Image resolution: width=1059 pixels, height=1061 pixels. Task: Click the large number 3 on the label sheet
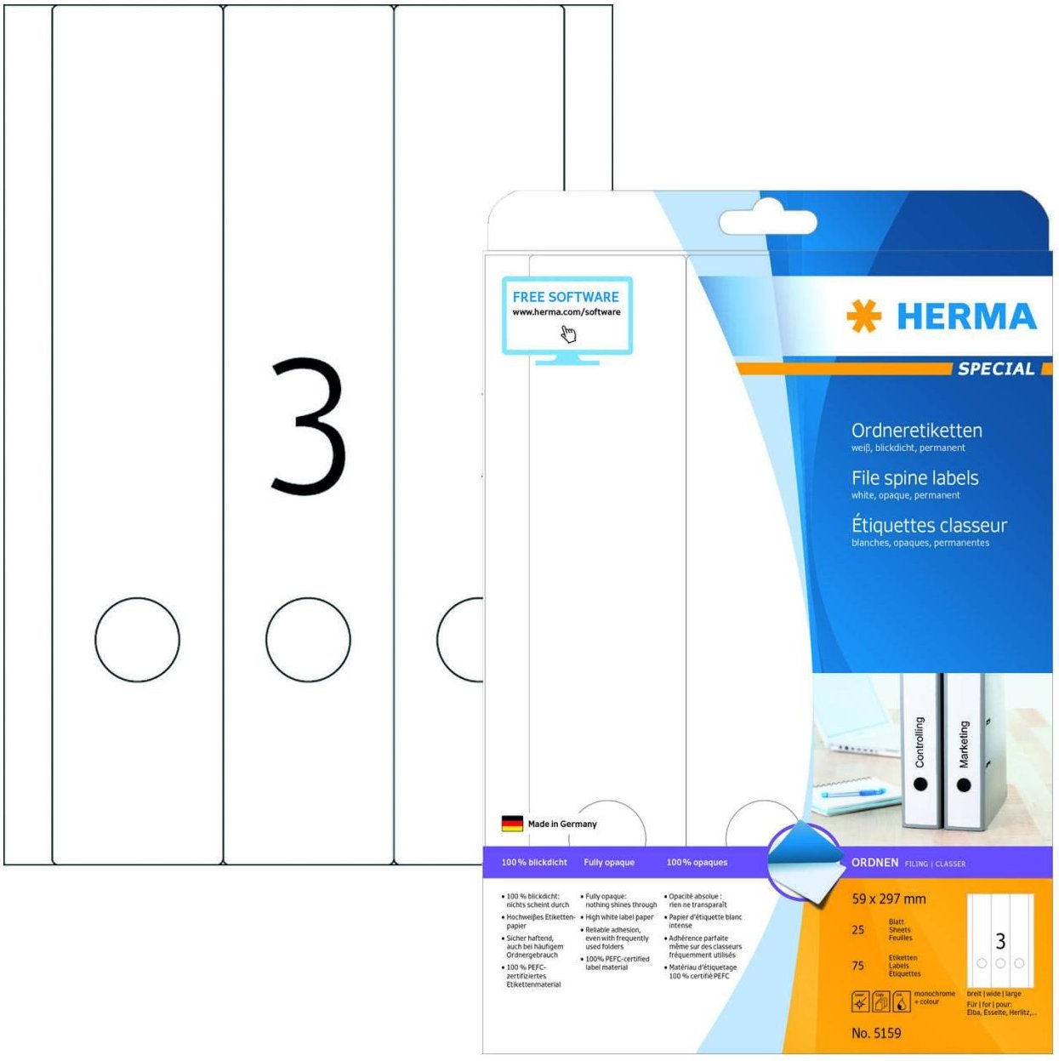(308, 426)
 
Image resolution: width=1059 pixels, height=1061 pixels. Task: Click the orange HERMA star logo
(864, 317)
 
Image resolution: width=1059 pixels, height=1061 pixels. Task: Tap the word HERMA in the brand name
(966, 317)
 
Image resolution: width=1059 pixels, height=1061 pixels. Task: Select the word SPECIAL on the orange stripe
(996, 368)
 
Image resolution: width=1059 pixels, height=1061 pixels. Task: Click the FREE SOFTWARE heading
(566, 297)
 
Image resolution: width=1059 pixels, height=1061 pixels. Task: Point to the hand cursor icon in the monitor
(568, 334)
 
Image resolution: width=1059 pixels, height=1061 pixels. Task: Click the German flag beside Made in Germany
(512, 824)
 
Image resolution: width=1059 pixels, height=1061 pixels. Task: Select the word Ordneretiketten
(916, 431)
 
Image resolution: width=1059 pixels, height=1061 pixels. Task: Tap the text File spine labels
(914, 478)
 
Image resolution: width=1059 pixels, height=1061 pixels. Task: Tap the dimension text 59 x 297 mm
(888, 898)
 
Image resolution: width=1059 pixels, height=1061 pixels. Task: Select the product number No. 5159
(876, 1033)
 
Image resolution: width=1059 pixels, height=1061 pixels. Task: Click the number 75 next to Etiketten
(858, 966)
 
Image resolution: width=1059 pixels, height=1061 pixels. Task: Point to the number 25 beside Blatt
(858, 930)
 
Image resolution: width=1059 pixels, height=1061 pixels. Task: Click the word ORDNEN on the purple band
(874, 863)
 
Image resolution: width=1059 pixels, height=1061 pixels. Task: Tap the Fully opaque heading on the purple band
(609, 863)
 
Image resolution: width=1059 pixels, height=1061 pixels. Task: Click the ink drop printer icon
(901, 1001)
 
